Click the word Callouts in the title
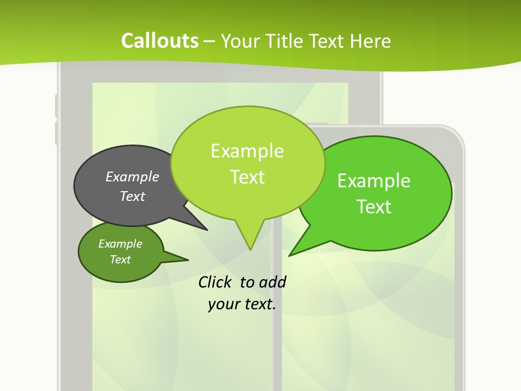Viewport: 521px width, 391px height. tap(160, 41)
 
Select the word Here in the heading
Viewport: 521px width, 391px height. tap(370, 41)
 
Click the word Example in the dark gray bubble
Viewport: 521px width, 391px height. tap(132, 176)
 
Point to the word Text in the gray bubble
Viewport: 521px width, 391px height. tap(132, 196)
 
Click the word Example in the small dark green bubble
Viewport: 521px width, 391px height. tap(120, 244)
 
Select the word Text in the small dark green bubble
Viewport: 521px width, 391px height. tap(120, 260)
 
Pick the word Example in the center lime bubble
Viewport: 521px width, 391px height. tap(247, 151)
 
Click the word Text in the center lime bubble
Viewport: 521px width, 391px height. tap(247, 177)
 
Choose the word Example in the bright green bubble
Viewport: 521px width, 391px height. tap(374, 181)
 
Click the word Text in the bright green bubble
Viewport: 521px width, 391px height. tap(374, 207)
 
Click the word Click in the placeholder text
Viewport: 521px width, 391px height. tap(214, 282)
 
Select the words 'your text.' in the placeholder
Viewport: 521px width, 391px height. tap(242, 304)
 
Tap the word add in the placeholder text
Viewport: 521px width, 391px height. tap(272, 282)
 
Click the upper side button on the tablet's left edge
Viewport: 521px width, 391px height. tap(56, 105)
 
